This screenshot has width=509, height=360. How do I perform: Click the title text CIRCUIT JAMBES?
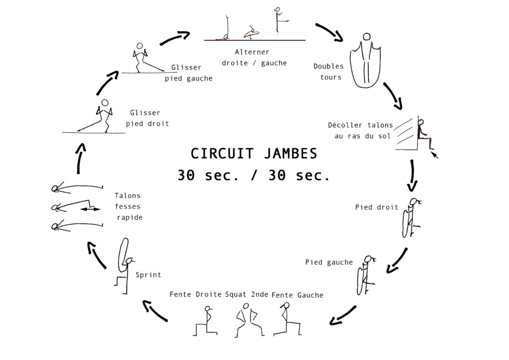pyautogui.click(x=254, y=154)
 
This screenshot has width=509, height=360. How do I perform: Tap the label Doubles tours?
pyautogui.click(x=328, y=72)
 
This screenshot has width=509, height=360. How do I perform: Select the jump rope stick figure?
pyautogui.click(x=366, y=60)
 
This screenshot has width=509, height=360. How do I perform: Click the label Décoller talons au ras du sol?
pyautogui.click(x=360, y=130)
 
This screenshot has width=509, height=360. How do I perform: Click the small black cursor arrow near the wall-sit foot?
pyautogui.click(x=435, y=155)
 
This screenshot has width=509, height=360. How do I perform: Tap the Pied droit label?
pyautogui.click(x=377, y=207)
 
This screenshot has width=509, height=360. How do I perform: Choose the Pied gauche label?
pyautogui.click(x=329, y=262)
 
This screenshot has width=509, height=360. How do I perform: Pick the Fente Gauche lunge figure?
pyautogui.click(x=287, y=319)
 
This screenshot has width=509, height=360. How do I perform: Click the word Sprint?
pyautogui.click(x=148, y=275)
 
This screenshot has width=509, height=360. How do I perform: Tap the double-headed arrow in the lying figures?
pyautogui.click(x=90, y=209)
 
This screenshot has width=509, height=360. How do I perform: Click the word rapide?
pyautogui.click(x=130, y=217)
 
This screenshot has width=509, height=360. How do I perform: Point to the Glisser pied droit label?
pyautogui.click(x=147, y=118)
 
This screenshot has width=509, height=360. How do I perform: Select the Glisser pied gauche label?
pyautogui.click(x=188, y=73)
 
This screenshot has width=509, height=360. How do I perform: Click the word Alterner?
pyautogui.click(x=252, y=52)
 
